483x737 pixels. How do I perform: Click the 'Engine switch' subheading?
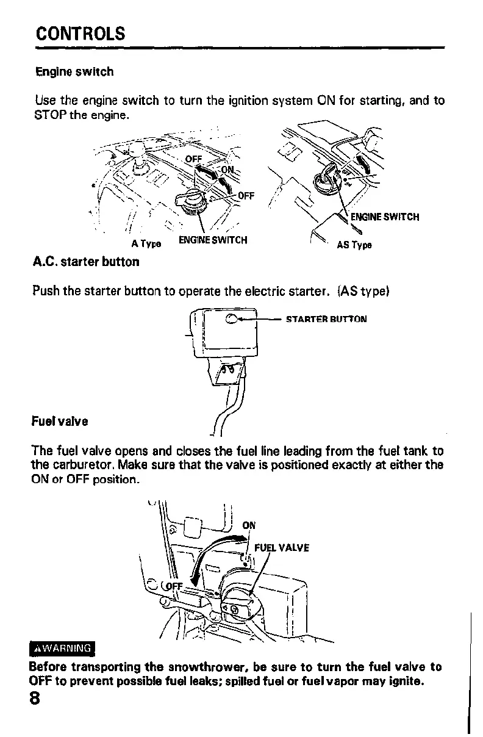[x=74, y=72]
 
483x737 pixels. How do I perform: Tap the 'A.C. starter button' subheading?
[x=85, y=262]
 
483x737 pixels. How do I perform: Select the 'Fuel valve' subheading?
[x=60, y=422]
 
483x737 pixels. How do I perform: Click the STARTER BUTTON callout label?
[x=326, y=319]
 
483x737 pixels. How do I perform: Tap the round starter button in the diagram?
[x=232, y=318]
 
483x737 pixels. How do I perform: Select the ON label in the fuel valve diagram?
[x=249, y=525]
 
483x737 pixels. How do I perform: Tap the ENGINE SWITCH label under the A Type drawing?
[x=212, y=240]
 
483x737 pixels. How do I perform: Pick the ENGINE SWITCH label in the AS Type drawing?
[x=385, y=217]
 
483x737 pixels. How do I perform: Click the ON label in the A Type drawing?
[x=227, y=170]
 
